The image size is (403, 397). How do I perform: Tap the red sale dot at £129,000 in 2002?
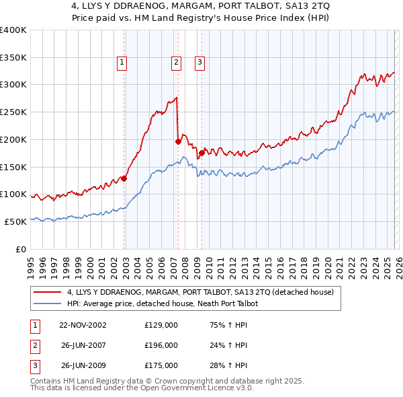124,178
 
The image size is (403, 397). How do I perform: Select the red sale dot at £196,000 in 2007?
178,141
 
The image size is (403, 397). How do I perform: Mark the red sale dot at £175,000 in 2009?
201,153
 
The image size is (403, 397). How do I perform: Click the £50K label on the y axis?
15,221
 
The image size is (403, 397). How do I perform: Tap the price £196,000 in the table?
161,345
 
